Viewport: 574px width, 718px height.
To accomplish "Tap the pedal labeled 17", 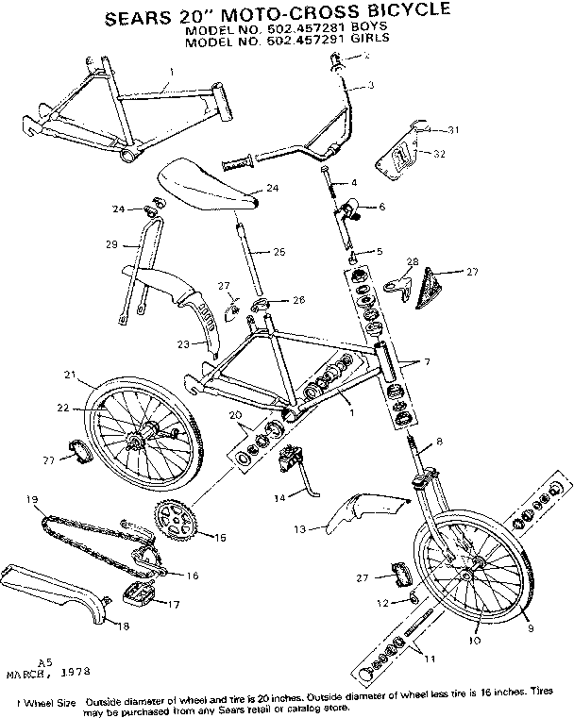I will [x=134, y=593].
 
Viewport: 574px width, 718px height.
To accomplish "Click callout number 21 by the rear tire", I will [x=69, y=376].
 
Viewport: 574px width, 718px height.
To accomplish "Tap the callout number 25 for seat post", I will [x=279, y=252].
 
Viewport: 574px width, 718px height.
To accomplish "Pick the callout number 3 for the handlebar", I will [x=371, y=86].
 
